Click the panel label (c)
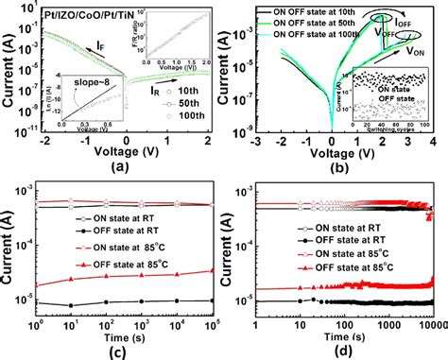pyautogui.click(x=118, y=351)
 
